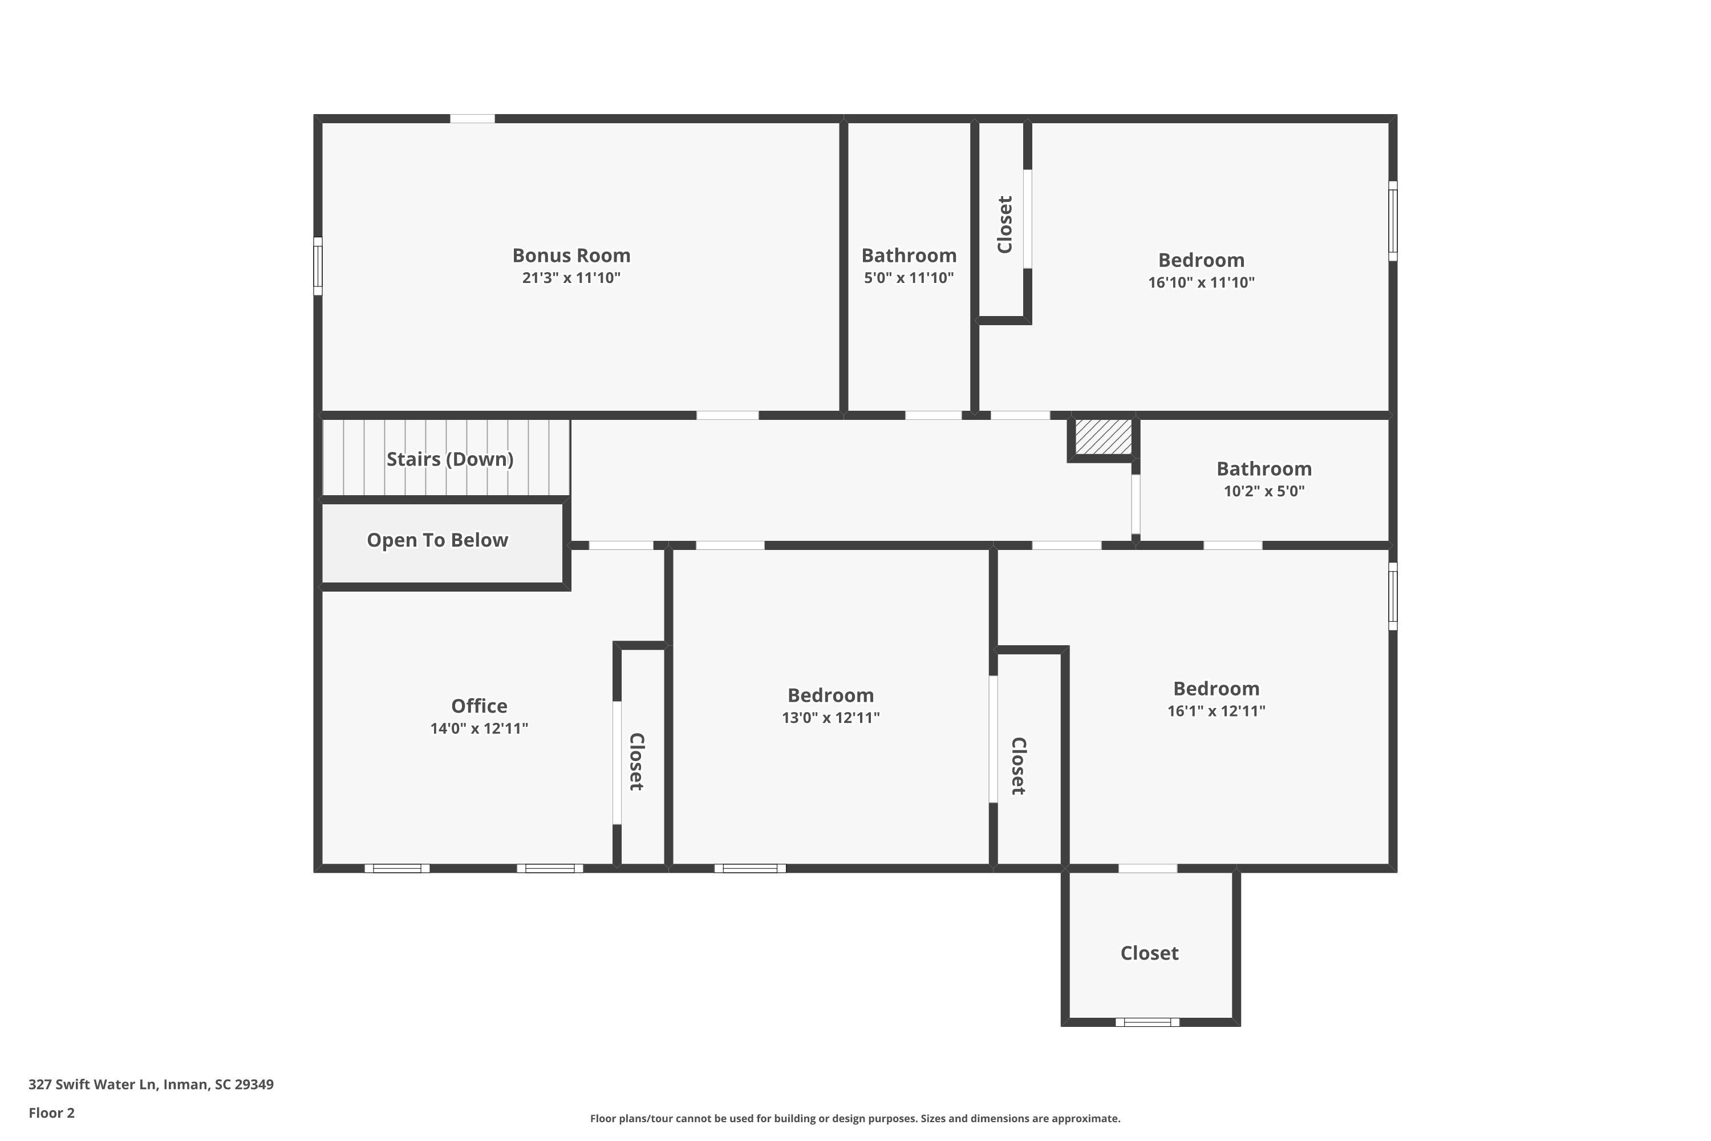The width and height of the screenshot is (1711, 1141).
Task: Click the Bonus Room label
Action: (x=571, y=256)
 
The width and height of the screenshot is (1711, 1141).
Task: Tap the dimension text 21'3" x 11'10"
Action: (x=571, y=278)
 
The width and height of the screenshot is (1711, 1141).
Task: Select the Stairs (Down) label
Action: (x=449, y=459)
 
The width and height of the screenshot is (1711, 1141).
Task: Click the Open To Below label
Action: (x=437, y=540)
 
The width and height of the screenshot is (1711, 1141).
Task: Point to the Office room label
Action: (x=479, y=706)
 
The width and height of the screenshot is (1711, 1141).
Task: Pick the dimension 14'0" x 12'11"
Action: (x=479, y=729)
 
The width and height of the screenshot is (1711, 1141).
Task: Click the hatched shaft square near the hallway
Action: (x=1104, y=436)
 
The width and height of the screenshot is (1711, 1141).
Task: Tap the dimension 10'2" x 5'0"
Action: (x=1264, y=491)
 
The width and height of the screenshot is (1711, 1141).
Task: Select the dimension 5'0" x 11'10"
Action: (x=909, y=278)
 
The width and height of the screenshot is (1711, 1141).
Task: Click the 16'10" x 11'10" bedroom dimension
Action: (x=1201, y=282)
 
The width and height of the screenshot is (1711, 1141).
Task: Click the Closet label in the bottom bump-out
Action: (x=1149, y=953)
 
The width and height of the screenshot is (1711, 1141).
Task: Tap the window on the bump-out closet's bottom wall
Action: (x=1147, y=1022)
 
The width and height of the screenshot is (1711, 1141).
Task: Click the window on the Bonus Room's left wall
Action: (x=318, y=266)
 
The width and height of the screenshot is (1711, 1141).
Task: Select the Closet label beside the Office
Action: (x=636, y=761)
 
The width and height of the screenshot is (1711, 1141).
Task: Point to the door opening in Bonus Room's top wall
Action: (x=472, y=119)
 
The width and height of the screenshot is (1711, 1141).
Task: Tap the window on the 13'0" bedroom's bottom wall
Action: (x=750, y=868)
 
